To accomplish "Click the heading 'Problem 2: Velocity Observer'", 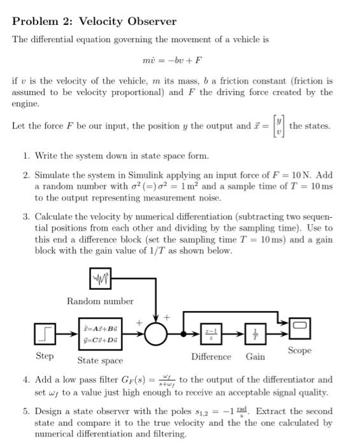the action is pos(94,22).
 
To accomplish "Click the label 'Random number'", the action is pos(100,301).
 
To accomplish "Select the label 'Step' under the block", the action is pos(44,356).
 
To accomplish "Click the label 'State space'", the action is pos(100,361).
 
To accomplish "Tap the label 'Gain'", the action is pos(256,357).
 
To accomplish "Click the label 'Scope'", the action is pos(299,351).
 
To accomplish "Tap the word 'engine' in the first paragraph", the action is pos(25,103).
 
